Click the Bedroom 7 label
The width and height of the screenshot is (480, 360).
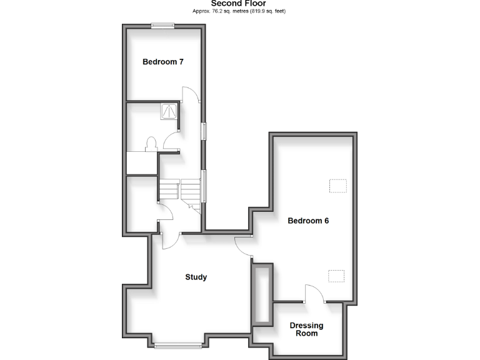162,62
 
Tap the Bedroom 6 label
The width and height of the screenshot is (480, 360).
308,221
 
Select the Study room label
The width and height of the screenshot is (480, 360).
196,277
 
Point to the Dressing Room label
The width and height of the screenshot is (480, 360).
306,329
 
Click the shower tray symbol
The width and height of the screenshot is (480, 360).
170,111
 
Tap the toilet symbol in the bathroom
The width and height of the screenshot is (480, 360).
151,144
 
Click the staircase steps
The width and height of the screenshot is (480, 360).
180,188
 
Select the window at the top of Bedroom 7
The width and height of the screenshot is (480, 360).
162,25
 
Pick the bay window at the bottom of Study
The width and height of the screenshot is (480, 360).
178,344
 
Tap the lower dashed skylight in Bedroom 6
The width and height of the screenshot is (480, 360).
337,275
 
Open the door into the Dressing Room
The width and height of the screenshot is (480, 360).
314,294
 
